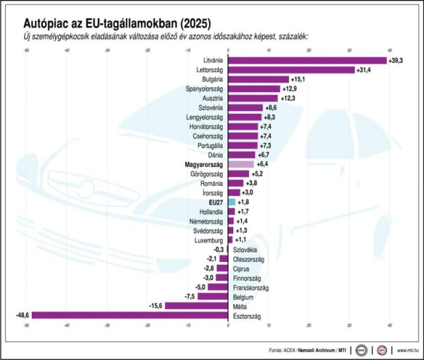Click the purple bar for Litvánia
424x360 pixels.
coord(307,60)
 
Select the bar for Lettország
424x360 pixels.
coord(291,69)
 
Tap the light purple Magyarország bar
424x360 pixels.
coord(240,163)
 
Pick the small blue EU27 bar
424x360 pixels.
coord(231,201)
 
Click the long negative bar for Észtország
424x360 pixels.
coord(129,316)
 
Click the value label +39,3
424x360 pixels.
coord(396,60)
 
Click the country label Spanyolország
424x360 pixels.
coord(205,89)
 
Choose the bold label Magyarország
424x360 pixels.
coord(203,163)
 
